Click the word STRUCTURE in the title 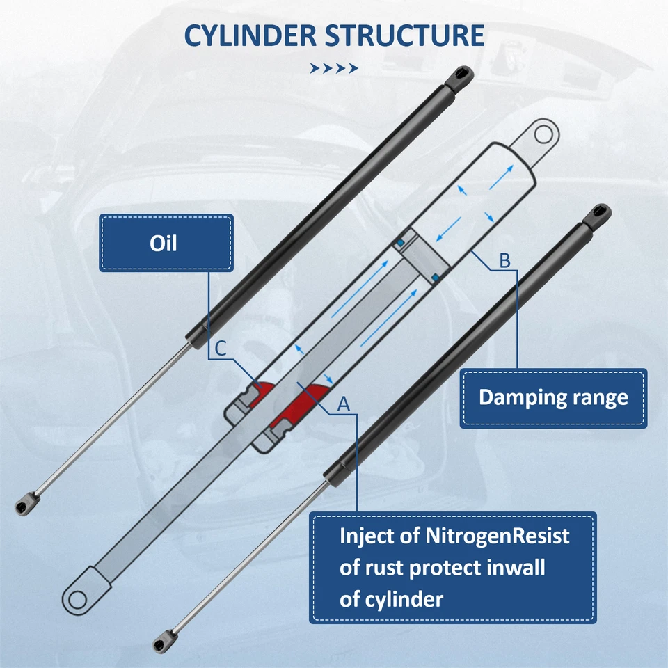pyautogui.click(x=405, y=35)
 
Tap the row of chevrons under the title pyautogui.click(x=334, y=68)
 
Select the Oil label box pyautogui.click(x=165, y=243)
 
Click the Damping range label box pyautogui.click(x=553, y=397)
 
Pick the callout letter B pyautogui.click(x=505, y=262)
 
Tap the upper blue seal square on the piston pyautogui.click(x=401, y=241)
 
